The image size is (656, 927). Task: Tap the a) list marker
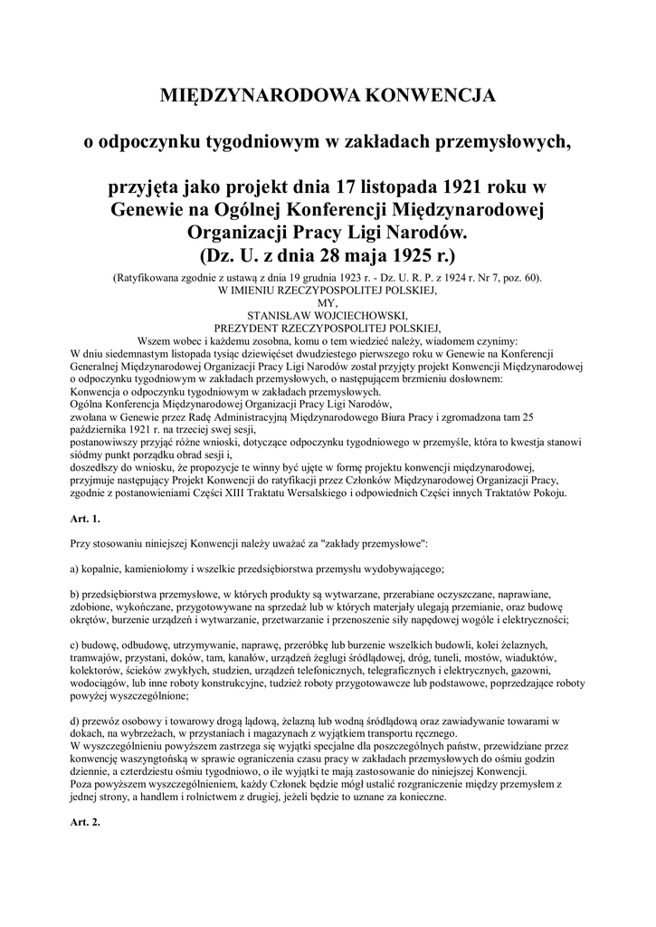tap(75, 569)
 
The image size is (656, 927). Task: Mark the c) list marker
tap(75, 645)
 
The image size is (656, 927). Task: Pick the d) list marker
tap(75, 721)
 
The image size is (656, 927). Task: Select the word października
tap(103, 430)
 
